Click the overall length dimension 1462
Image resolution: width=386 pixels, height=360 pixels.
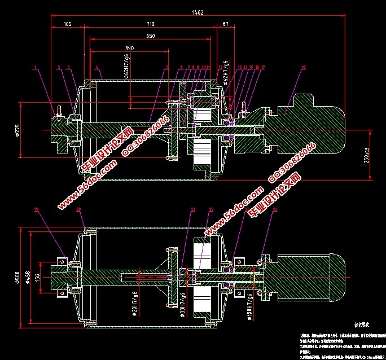click(198, 11)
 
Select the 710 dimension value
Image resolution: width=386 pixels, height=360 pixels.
click(151, 24)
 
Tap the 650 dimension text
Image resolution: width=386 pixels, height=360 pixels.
click(150, 36)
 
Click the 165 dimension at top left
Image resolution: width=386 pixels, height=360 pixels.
click(67, 24)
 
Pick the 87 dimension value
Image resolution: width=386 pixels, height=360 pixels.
click(226, 24)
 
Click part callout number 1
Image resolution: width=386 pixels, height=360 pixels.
click(35, 68)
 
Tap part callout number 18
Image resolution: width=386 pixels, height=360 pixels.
click(303, 68)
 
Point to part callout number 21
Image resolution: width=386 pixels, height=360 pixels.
click(192, 210)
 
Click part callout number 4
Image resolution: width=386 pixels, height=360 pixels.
click(97, 68)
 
